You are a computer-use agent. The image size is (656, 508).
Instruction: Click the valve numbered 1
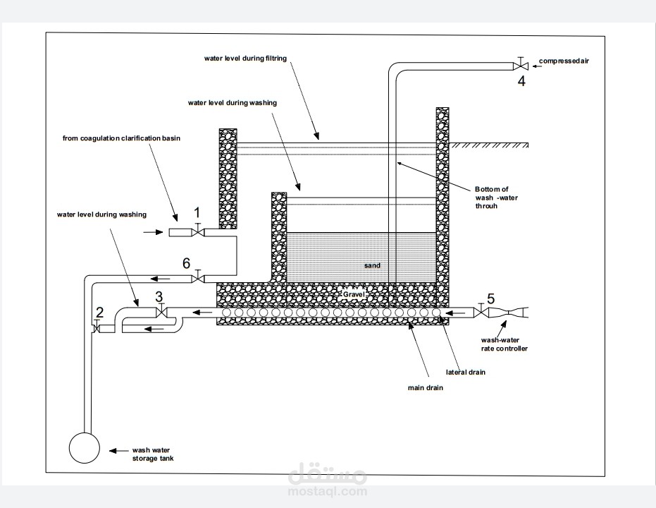pos(198,231)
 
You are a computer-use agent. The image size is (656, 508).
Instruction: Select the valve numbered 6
pos(198,278)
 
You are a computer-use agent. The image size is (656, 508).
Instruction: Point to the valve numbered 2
pos(97,328)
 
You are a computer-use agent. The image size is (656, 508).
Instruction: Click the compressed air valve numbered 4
pos(521,66)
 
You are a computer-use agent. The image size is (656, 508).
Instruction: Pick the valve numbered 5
pos(481,312)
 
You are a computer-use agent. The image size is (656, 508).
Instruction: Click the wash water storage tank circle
pos(85,448)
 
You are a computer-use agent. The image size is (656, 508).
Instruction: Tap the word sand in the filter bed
pos(372,265)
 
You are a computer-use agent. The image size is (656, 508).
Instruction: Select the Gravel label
pos(354,294)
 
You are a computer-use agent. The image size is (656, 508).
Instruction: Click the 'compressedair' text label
pos(564,61)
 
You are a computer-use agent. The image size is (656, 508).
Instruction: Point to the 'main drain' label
pos(425,388)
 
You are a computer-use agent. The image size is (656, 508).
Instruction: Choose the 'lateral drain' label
pos(465,372)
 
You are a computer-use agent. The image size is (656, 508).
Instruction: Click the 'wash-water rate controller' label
pos(504,344)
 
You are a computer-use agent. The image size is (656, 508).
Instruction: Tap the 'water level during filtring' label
pos(245,59)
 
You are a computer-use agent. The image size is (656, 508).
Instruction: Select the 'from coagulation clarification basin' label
pos(121,138)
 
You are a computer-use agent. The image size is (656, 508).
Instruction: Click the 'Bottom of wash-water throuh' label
pos(496,198)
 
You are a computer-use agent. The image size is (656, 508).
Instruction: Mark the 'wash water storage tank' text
pos(153,454)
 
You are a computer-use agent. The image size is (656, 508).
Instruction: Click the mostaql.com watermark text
pos(328,491)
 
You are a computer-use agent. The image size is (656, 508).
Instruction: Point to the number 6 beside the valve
pos(186,263)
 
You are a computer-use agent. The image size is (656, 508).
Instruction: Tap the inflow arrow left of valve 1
pos(153,232)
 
